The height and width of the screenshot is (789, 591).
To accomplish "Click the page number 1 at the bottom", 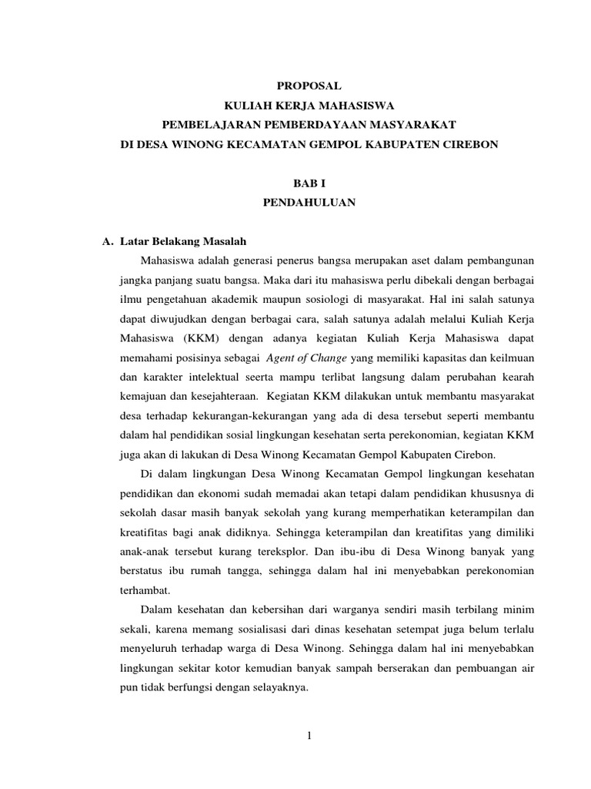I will pyautogui.click(x=308, y=736).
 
